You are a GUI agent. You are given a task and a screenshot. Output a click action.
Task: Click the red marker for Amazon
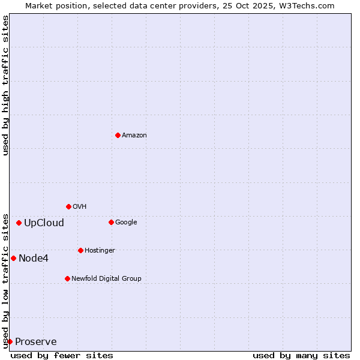coord(118,135)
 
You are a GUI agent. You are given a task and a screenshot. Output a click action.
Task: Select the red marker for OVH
coord(68,206)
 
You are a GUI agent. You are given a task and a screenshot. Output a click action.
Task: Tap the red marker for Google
coord(111,222)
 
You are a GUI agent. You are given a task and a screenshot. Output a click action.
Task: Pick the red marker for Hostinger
coord(80,250)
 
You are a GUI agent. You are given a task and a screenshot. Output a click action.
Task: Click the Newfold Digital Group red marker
coord(67,278)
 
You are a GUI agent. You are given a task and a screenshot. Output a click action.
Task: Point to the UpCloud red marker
coord(19,223)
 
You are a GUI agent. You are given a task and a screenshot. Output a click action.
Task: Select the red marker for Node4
coord(13,258)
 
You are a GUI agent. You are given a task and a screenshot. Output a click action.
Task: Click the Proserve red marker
coord(10,341)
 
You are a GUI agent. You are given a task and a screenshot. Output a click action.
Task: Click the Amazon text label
coord(134,135)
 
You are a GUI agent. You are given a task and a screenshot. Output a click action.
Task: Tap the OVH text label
coord(80,206)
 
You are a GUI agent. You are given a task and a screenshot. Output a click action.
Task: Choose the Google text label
coord(126,222)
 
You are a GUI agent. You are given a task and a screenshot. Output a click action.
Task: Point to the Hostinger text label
coord(100,250)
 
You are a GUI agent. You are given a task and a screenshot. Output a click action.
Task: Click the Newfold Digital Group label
coord(106,278)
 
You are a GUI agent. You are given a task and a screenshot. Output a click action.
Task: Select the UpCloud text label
coord(44,223)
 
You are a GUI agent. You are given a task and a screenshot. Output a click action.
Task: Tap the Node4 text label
coord(34,259)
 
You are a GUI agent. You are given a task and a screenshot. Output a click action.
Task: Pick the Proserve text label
coord(36,342)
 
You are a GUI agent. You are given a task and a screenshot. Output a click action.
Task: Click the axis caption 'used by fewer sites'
coord(62,355)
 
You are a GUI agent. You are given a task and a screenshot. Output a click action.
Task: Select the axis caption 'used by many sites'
coord(301,355)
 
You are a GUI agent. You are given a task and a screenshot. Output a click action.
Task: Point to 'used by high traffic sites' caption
coord(6,85)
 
